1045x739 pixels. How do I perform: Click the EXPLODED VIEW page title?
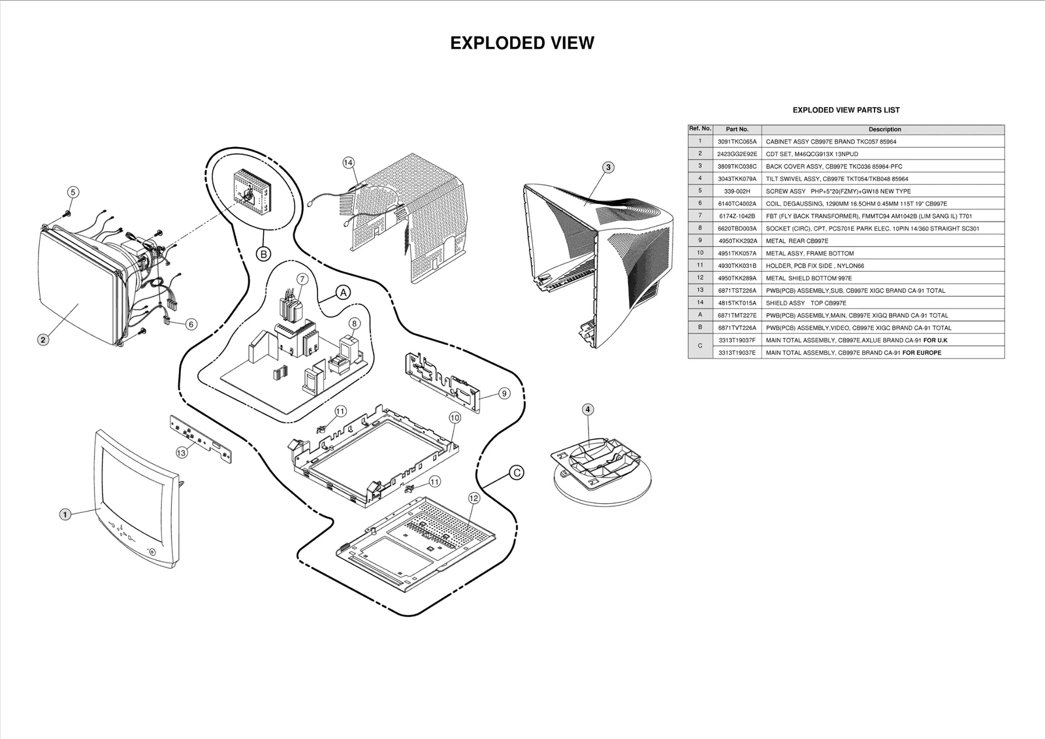[522, 43]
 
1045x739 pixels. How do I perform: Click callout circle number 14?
[348, 162]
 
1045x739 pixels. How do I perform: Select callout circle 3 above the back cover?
[608, 167]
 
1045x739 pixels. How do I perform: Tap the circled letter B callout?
[263, 254]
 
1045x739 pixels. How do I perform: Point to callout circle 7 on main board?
[302, 279]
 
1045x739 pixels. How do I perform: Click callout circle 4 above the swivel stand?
[588, 410]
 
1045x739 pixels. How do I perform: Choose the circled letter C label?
[516, 472]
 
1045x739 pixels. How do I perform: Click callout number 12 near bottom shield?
[474, 498]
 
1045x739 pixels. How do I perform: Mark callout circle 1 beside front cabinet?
[65, 514]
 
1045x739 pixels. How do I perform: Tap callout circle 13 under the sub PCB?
[181, 452]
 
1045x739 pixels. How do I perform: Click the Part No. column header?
[737, 129]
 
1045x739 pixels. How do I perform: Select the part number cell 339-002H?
[737, 191]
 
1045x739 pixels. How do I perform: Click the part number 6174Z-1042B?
[737, 216]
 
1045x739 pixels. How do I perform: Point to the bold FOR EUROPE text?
[922, 353]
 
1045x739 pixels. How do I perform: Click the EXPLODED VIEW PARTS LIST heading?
[846, 110]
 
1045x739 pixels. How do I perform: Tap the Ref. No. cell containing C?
[700, 346]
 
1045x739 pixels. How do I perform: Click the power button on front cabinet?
[152, 551]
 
